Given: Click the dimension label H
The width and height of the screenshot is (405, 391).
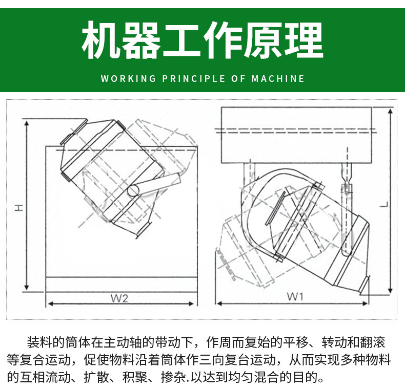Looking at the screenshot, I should pos(18,207).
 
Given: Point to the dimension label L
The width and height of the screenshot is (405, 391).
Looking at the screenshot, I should pos(384,203).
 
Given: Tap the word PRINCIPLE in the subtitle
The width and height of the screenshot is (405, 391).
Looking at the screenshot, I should pos(193,79).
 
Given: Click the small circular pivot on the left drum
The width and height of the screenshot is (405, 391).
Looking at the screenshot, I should pos(134,190).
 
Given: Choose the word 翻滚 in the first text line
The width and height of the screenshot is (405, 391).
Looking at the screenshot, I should pos(373,342).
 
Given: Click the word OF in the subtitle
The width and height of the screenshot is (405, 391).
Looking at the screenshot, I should pos(238,79).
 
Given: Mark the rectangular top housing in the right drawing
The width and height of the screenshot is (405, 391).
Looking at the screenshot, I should pos(296,135).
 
